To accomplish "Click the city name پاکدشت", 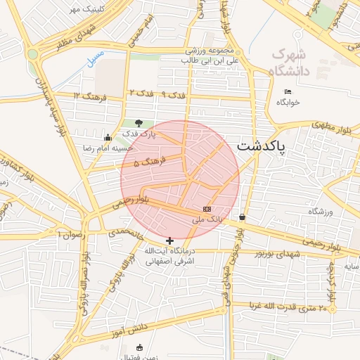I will (262, 146).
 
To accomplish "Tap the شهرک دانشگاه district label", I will (288, 61).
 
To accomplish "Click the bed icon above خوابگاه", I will (288, 91).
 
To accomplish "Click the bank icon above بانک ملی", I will (207, 209).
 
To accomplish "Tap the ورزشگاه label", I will (320, 211).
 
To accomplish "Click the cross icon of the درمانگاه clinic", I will (169, 240).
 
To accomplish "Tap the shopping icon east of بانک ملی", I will (243, 217).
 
